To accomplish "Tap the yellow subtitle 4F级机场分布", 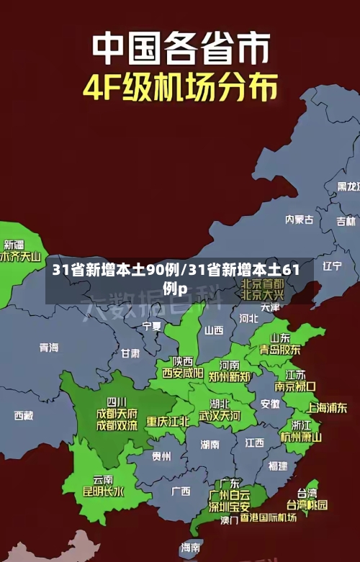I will point(180,89).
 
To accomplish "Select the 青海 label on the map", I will point(49,348).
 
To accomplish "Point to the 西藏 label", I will point(24,415).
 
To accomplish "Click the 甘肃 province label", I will point(130,353).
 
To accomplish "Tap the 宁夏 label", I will point(152,326).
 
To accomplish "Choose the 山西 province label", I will point(214,331).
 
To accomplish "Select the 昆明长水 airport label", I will point(104,492).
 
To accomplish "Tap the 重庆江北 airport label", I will point(168,421).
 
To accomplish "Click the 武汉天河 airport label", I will point(220,416).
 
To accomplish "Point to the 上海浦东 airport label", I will point(327,407).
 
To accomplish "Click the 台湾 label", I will point(307,493).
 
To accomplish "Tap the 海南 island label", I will point(191,548).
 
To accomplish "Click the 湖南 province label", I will point(210,444).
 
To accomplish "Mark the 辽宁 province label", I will point(332,266).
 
